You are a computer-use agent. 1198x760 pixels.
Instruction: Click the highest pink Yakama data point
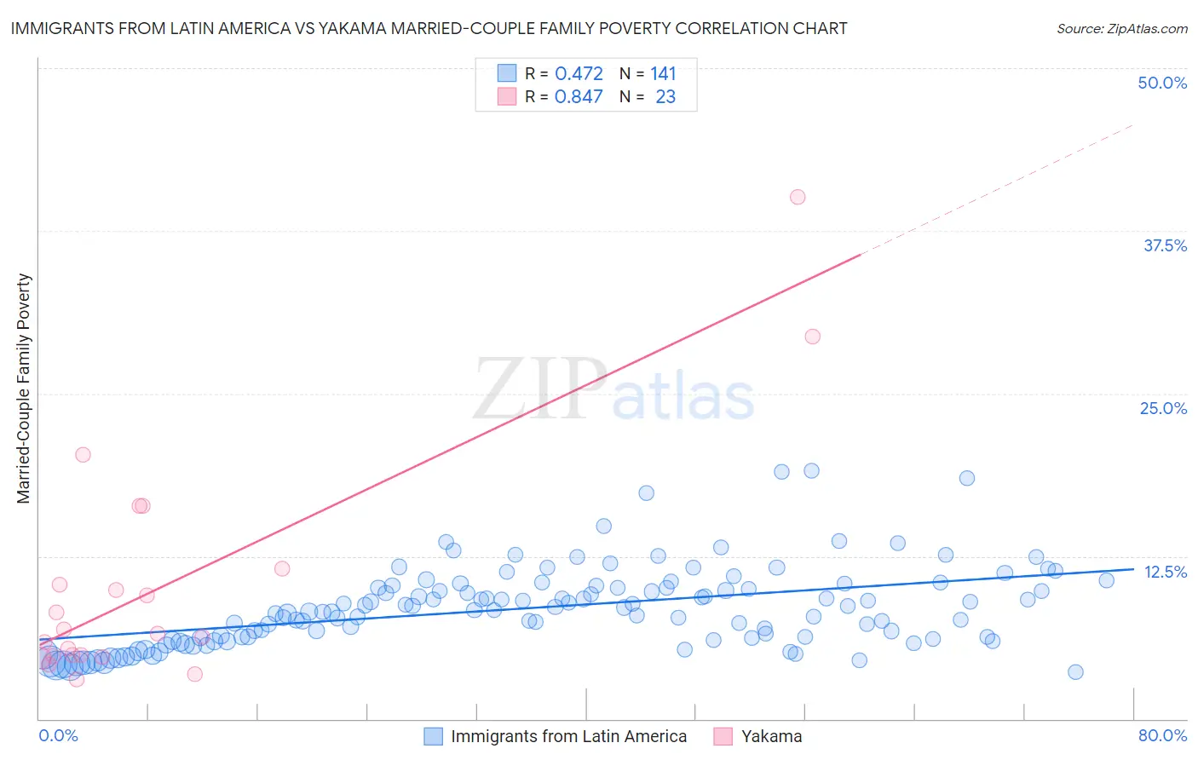798,197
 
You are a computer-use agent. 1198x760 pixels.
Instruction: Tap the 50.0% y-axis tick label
1162,83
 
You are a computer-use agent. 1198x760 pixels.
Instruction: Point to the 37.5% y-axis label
1165,245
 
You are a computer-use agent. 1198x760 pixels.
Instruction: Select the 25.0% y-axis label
1163,408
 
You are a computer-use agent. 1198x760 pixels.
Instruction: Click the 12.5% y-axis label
1165,572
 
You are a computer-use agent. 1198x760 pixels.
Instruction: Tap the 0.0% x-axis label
58,735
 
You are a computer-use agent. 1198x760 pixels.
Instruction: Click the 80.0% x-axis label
1162,735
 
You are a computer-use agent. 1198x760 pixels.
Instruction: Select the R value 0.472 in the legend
579,74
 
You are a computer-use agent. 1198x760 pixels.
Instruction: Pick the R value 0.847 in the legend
579,97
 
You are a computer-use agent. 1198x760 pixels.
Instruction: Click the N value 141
663,74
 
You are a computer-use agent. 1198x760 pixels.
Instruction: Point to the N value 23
665,97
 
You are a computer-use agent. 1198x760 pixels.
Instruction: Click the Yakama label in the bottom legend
771,736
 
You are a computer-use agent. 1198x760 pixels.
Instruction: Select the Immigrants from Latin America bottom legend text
568,736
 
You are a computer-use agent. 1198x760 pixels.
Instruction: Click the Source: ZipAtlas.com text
1121,29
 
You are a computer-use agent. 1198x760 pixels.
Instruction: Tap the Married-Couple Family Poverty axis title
24,389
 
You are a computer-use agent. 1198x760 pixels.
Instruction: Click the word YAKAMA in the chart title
349,29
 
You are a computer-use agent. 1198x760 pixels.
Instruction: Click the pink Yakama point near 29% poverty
813,337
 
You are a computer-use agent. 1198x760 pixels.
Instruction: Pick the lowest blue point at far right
1075,672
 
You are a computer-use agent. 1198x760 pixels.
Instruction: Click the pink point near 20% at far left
83,454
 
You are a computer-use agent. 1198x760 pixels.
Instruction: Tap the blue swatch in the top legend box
507,73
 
